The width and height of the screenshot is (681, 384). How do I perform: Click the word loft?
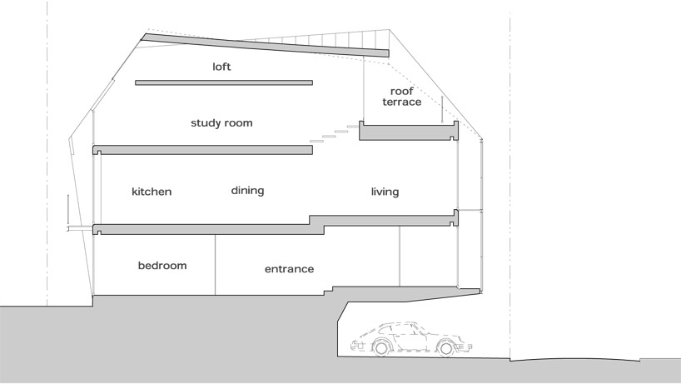tap(221, 66)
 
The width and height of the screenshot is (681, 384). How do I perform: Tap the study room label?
tap(221, 123)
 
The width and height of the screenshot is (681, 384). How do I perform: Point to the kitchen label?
tap(152, 192)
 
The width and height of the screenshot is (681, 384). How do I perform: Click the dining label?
tap(247, 191)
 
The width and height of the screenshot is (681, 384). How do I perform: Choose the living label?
tap(385, 192)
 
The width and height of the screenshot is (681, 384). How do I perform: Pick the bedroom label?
tap(162, 266)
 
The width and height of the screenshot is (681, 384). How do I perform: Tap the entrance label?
tap(289, 269)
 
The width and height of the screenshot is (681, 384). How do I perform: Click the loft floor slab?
tap(223, 82)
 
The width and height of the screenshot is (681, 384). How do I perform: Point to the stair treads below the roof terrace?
tap(330, 136)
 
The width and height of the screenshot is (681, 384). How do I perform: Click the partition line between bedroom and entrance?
tap(216, 263)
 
